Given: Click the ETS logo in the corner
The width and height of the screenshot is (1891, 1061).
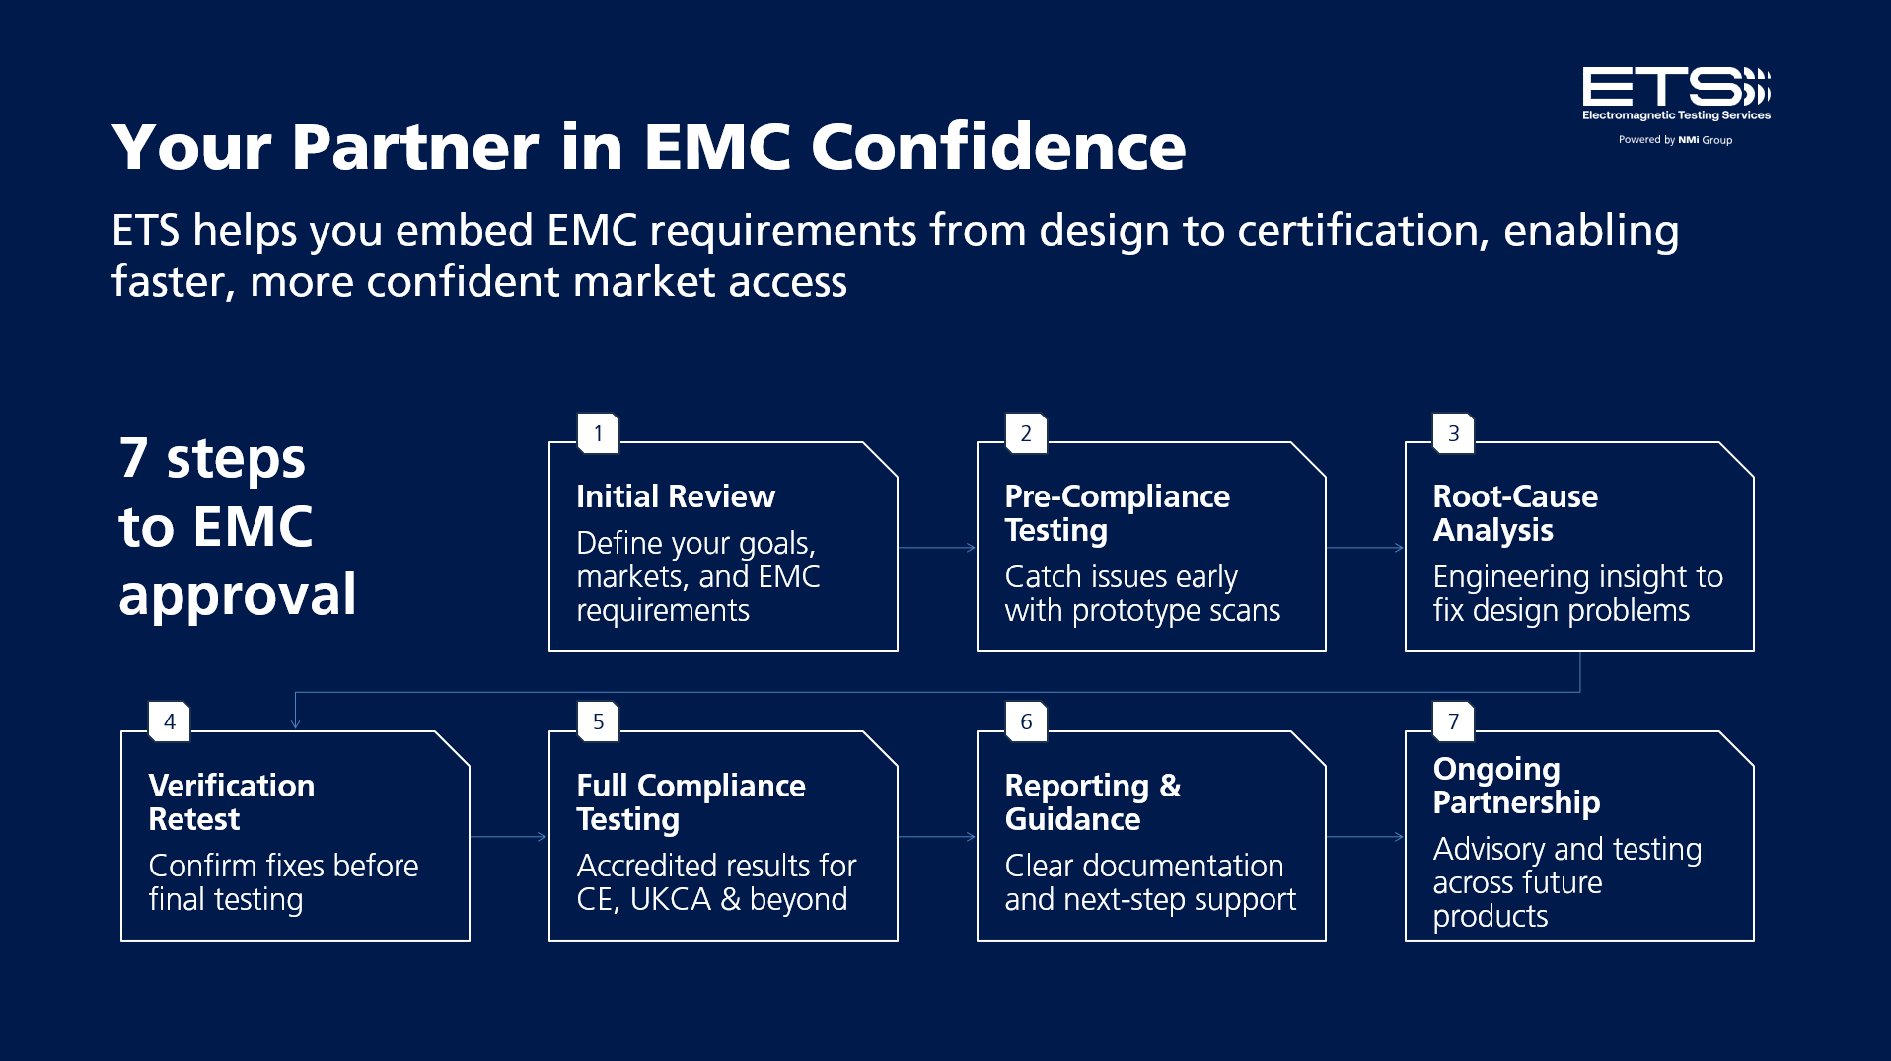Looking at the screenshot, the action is click(x=1676, y=95).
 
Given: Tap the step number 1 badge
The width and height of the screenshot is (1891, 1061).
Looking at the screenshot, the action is click(x=598, y=433).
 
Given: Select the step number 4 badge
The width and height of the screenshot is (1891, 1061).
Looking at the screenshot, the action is click(x=170, y=721).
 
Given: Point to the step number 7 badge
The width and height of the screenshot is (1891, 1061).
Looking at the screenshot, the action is click(x=1453, y=721).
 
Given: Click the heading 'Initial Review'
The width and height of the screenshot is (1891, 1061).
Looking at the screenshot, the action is click(x=676, y=496).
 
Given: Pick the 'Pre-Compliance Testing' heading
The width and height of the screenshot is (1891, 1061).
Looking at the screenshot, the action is click(x=1117, y=513).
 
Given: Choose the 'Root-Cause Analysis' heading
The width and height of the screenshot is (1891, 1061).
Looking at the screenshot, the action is click(x=1515, y=513).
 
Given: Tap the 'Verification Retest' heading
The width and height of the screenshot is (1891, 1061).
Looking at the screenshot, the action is click(x=232, y=802).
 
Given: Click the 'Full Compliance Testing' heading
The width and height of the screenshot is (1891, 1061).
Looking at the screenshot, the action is click(x=691, y=802).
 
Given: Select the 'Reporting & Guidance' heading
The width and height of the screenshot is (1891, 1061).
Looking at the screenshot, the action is click(x=1093, y=802).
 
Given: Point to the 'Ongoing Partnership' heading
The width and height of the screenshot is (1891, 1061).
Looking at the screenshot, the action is click(x=1516, y=786).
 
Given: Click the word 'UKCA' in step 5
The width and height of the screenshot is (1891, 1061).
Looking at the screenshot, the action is click(x=670, y=899).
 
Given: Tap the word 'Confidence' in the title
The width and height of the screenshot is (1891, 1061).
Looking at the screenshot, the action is click(x=998, y=147).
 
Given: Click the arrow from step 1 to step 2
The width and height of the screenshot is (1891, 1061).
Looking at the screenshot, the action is click(x=937, y=547).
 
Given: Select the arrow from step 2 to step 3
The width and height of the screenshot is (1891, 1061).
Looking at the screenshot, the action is click(x=1365, y=547).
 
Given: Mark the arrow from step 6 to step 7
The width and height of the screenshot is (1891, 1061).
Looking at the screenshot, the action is click(x=1365, y=836).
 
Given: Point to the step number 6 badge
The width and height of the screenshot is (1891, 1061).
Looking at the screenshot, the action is click(x=1026, y=721).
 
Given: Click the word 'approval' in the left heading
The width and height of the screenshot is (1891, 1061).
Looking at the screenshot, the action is click(x=238, y=596).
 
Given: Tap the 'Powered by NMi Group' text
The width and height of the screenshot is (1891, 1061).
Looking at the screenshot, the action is click(x=1675, y=140).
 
